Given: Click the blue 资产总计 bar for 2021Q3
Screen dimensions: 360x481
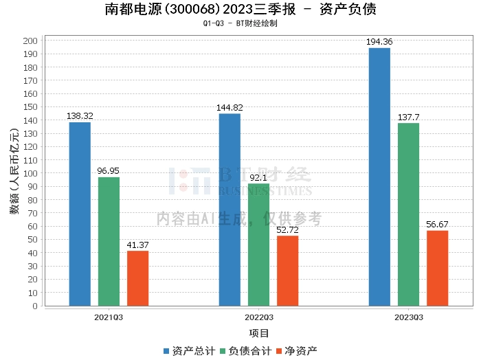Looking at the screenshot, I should (x=80, y=214).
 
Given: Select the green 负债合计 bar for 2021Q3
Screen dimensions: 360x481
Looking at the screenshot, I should (x=109, y=241).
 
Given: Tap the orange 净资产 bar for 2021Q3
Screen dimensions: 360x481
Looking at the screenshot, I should (x=137, y=278).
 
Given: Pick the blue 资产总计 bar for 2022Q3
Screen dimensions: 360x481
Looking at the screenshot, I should (x=230, y=210).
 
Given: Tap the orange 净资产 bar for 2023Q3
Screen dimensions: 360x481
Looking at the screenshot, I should (x=437, y=268).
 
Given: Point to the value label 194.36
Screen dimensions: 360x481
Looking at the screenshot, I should (x=379, y=42).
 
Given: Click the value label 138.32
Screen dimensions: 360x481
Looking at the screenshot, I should (x=80, y=117).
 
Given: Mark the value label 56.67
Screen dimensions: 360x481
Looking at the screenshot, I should (x=437, y=225).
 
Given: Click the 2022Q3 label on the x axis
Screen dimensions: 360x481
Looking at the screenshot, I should (x=258, y=317).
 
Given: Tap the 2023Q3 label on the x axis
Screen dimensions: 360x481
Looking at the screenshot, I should (x=408, y=317).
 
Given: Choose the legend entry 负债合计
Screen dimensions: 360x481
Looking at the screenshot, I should (x=245, y=351).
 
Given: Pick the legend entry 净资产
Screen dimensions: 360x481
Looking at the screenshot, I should (x=296, y=351).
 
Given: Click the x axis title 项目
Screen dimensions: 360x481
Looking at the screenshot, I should (x=258, y=333).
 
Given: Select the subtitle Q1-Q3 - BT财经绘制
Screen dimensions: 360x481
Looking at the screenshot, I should (x=240, y=23).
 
